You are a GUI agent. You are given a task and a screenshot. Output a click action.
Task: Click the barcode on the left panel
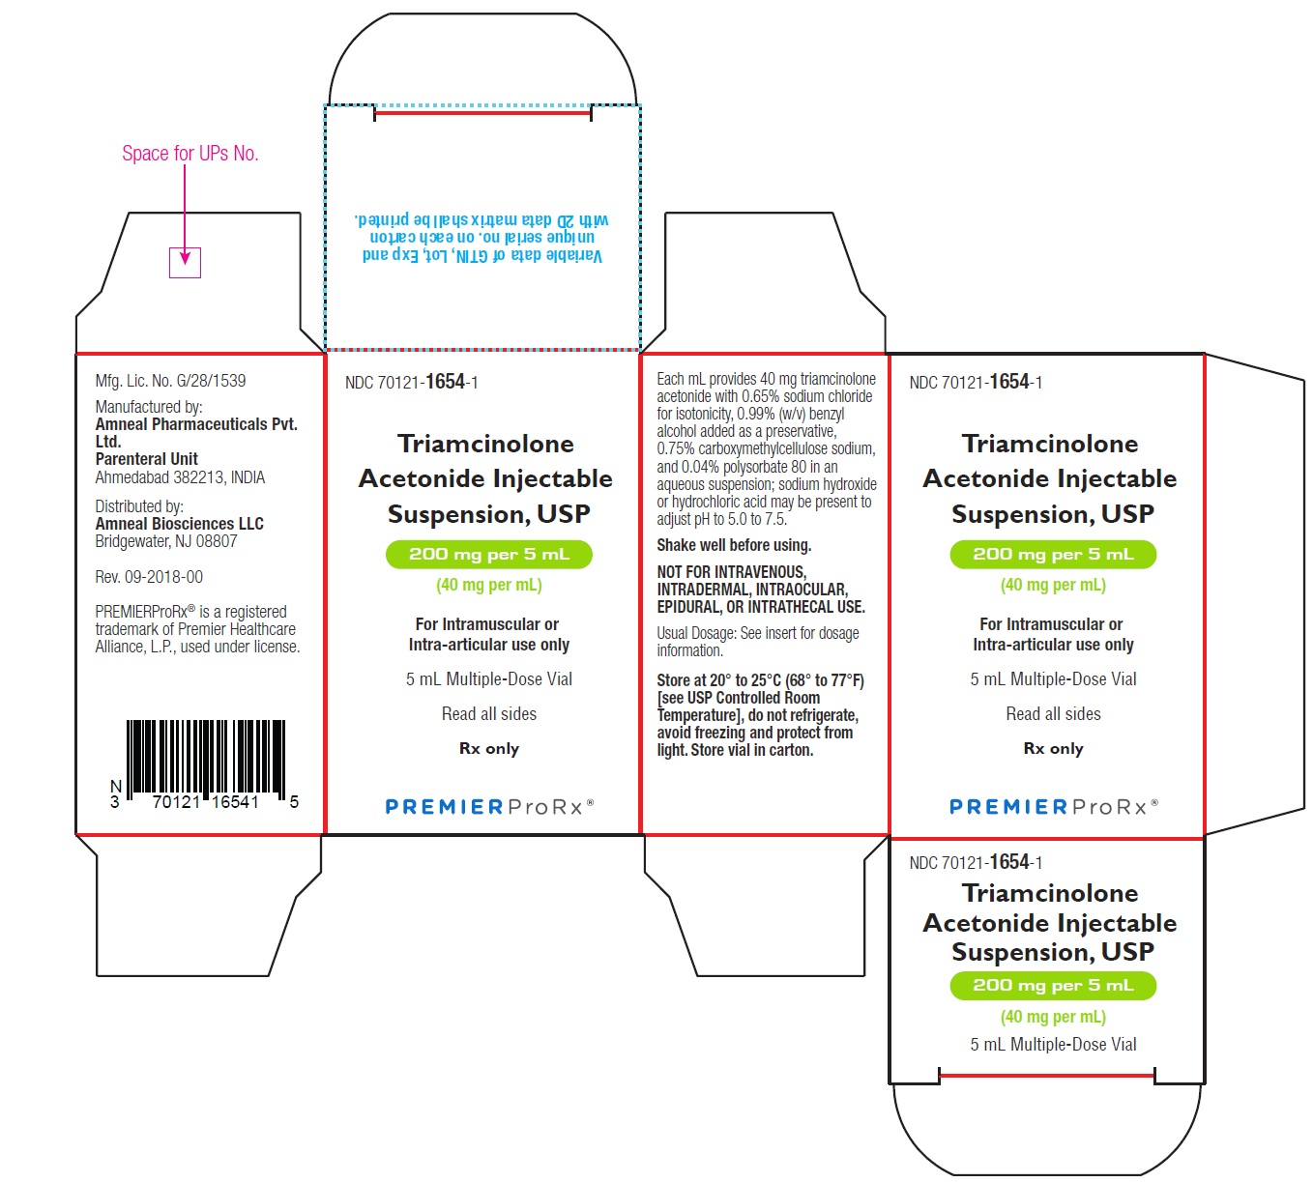point(206,761)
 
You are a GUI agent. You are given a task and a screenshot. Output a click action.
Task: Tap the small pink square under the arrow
point(186,263)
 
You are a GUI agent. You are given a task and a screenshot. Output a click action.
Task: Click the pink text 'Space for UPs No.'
point(190,153)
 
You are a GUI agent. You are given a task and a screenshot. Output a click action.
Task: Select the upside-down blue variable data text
point(482,238)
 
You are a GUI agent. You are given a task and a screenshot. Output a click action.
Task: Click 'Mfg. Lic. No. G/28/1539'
point(170,381)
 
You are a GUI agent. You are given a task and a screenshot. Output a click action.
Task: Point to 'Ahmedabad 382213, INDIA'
point(180,477)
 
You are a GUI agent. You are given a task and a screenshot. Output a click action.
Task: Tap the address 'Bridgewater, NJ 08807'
point(166,541)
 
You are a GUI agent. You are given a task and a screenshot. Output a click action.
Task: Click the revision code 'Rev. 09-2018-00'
point(149,577)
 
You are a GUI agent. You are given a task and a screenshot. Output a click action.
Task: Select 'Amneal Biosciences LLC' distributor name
point(179,524)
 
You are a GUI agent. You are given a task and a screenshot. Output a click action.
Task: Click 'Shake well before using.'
point(734,545)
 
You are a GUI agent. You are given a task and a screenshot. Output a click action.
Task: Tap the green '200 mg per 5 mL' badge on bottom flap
point(1053,986)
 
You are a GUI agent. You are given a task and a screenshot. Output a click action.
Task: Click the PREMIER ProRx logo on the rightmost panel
point(1054,806)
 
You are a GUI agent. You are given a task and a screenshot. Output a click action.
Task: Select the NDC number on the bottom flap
point(976,862)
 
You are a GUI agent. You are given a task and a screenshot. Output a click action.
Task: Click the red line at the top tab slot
point(482,113)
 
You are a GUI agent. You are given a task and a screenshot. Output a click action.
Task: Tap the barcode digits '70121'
point(176,802)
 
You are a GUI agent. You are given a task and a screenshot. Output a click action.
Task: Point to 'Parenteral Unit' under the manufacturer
point(146,459)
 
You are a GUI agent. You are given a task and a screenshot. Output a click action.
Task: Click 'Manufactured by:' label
point(149,407)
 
